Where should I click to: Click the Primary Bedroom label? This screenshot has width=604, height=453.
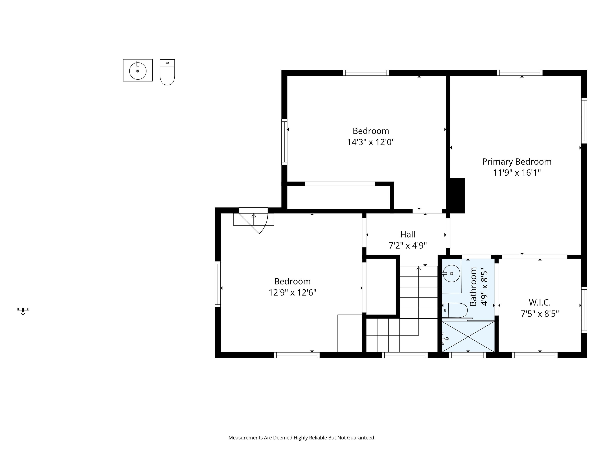pyautogui.click(x=517, y=162)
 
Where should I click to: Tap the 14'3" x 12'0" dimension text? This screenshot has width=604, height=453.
pyautogui.click(x=371, y=142)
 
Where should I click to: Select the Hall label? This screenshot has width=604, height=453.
pyautogui.click(x=408, y=234)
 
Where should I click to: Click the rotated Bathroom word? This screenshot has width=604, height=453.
pyautogui.click(x=473, y=286)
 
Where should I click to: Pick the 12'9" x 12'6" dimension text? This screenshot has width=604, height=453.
pyautogui.click(x=292, y=293)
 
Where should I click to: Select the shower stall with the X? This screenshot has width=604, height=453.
pyautogui.click(x=468, y=337)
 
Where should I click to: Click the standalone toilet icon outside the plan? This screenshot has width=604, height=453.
pyautogui.click(x=167, y=72)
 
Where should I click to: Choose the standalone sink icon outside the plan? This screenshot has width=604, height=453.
pyautogui.click(x=138, y=70)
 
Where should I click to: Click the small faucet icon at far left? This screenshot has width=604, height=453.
pyautogui.click(x=23, y=311)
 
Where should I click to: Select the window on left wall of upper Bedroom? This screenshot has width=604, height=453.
pyautogui.click(x=284, y=142)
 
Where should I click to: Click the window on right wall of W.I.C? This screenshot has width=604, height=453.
pyautogui.click(x=584, y=310)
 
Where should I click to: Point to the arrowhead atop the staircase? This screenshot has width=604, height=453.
pyautogui.click(x=418, y=268)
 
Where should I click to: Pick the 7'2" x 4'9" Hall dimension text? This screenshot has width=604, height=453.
pyautogui.click(x=408, y=246)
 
